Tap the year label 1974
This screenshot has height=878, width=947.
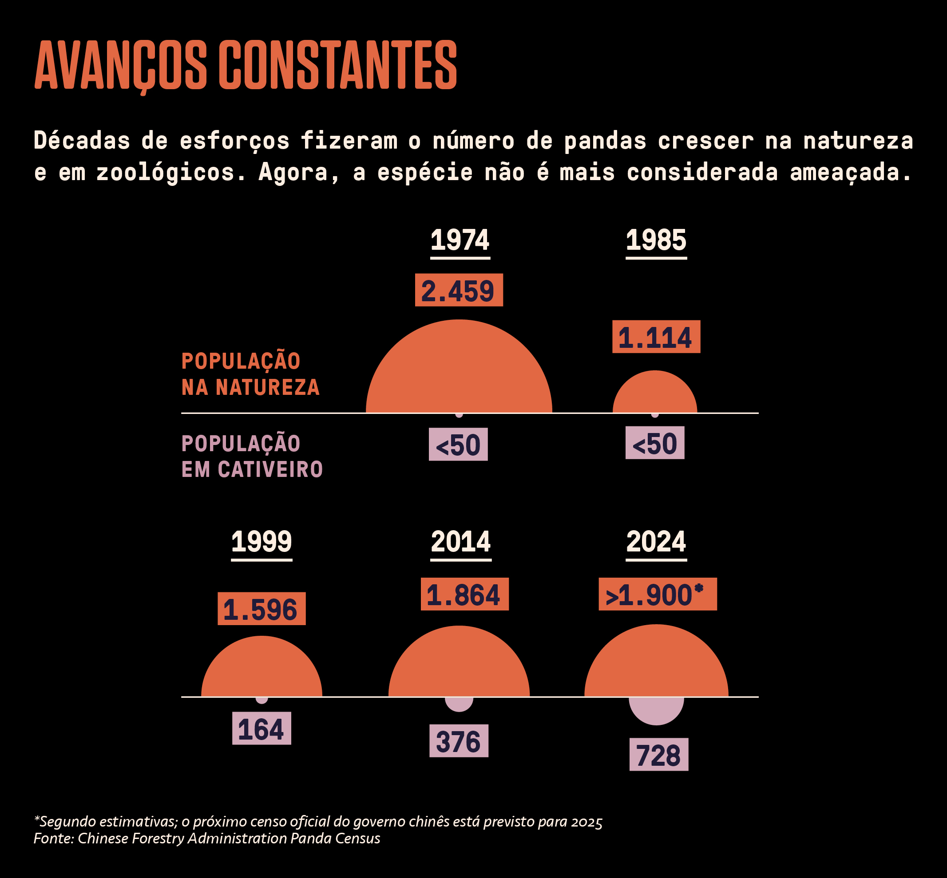pyautogui.click(x=460, y=240)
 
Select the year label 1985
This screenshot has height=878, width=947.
pyautogui.click(x=656, y=240)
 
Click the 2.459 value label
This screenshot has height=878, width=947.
pyautogui.click(x=459, y=290)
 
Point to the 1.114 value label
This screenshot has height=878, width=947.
pyautogui.click(x=656, y=337)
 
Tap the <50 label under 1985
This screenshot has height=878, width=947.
pyautogui.click(x=654, y=443)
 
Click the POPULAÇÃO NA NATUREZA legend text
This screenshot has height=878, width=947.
pyautogui.click(x=250, y=374)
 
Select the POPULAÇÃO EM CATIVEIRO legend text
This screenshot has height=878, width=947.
pyautogui.click(x=252, y=457)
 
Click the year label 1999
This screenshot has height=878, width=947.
pyautogui.click(x=262, y=542)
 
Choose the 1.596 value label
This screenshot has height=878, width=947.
pyautogui.click(x=262, y=609)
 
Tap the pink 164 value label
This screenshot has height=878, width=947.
pyautogui.click(x=262, y=728)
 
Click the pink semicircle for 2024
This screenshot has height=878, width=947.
pyautogui.click(x=656, y=709)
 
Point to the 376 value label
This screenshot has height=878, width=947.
pyautogui.click(x=459, y=741)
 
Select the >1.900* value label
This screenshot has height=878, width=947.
pyautogui.click(x=658, y=595)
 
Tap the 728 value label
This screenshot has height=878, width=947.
pyautogui.click(x=658, y=755)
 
